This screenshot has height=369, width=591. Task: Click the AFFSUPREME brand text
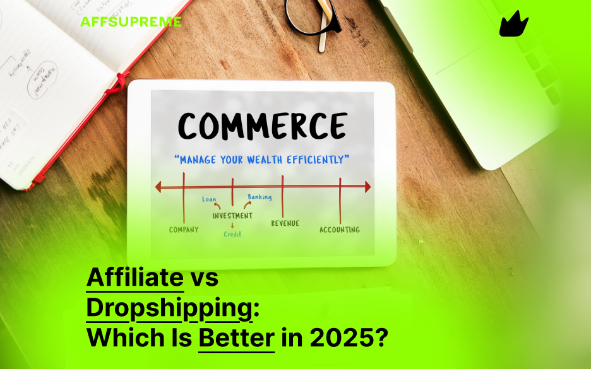click(x=131, y=21)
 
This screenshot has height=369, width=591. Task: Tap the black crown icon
click(x=513, y=25)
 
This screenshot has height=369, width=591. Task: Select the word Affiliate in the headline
click(x=134, y=278)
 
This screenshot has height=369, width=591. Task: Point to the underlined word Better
click(x=236, y=339)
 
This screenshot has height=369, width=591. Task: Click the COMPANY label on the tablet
click(x=184, y=230)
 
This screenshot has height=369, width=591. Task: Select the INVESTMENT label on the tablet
click(x=232, y=216)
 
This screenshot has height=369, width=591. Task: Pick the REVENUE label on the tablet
click(x=285, y=223)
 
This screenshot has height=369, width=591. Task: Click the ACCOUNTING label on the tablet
click(x=339, y=230)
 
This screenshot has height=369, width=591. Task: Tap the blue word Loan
click(x=209, y=199)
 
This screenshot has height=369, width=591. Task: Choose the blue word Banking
click(x=260, y=197)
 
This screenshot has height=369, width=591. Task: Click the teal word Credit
click(x=232, y=234)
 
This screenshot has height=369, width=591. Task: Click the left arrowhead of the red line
click(x=159, y=187)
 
